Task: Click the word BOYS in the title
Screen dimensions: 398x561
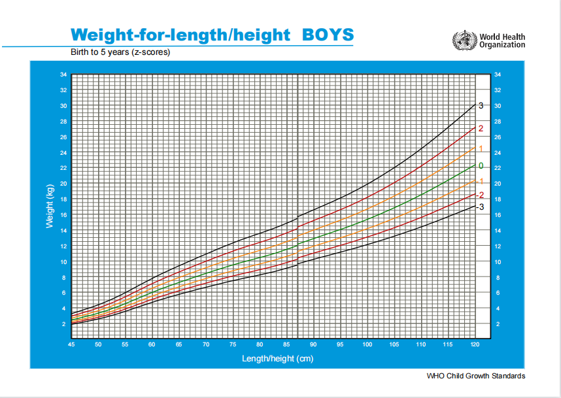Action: pyautogui.click(x=328, y=35)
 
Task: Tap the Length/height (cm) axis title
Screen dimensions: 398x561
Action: pyautogui.click(x=273, y=358)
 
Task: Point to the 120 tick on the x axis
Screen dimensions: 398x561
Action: pyautogui.click(x=475, y=344)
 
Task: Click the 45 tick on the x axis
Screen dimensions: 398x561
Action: pyautogui.click(x=71, y=344)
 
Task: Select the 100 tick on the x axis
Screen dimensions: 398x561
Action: pyautogui.click(x=367, y=344)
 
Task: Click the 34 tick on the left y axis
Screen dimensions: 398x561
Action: pyautogui.click(x=63, y=75)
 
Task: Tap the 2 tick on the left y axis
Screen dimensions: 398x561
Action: pyautogui.click(x=64, y=324)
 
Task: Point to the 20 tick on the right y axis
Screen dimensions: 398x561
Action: pyautogui.click(x=498, y=184)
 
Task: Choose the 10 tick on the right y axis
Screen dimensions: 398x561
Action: pyautogui.click(x=498, y=261)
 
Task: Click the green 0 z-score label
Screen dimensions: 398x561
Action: pyautogui.click(x=481, y=166)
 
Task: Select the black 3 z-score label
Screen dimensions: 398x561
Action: pyautogui.click(x=481, y=106)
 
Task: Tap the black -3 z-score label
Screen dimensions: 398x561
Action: pyautogui.click(x=480, y=207)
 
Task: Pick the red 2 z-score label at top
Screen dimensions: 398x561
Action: pyautogui.click(x=481, y=129)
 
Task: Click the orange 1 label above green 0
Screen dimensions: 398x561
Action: pyautogui.click(x=481, y=149)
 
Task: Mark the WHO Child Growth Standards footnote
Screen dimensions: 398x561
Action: pyautogui.click(x=475, y=376)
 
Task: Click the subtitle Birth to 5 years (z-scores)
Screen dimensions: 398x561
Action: pyautogui.click(x=120, y=52)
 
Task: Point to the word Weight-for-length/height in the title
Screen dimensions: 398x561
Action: pyautogui.click(x=180, y=35)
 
